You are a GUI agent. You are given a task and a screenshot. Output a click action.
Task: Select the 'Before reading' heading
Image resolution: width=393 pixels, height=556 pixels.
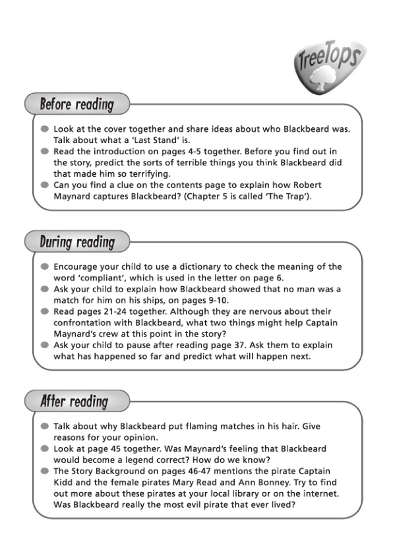76,104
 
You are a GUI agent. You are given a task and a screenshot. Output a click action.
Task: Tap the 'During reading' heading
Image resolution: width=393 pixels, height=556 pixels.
77,242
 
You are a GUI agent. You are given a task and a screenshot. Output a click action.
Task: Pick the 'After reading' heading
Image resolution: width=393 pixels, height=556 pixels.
74,401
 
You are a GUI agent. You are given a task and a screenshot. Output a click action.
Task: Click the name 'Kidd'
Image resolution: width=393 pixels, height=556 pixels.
65,482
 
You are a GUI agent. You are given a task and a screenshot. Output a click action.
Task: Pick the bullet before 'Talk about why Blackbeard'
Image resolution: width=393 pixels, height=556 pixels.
44,426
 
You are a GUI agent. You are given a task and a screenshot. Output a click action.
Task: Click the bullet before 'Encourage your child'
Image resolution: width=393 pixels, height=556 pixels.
44,266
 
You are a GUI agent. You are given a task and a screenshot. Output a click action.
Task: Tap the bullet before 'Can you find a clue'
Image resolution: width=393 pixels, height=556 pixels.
44,185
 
